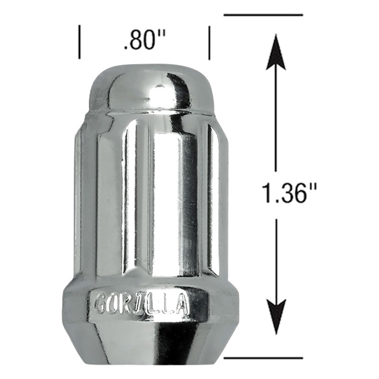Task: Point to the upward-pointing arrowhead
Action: tap(276, 52)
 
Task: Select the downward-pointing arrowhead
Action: tap(276, 317)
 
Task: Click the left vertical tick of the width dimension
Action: tap(79, 42)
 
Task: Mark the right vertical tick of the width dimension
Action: tap(209, 43)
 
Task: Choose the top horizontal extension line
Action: tap(263, 15)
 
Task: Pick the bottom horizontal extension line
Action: tap(263, 358)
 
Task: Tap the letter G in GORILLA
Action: tap(101, 303)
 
